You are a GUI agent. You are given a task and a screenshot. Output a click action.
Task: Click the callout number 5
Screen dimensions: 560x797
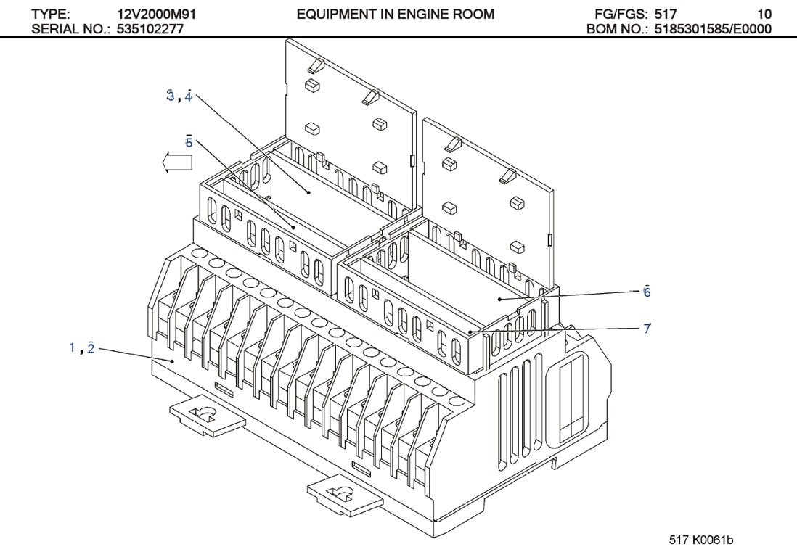pos(189,142)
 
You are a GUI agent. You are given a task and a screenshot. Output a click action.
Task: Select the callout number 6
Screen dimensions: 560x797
pos(646,292)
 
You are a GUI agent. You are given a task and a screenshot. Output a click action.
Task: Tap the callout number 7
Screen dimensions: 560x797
pos(646,328)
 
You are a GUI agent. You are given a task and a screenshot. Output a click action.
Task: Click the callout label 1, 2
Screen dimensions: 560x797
pos(82,348)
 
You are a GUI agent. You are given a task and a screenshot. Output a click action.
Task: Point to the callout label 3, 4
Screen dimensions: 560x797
pos(179,96)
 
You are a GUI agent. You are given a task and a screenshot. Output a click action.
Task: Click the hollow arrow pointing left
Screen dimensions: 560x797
pos(176,162)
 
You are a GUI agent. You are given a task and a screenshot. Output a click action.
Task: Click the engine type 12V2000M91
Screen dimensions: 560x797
pos(156,14)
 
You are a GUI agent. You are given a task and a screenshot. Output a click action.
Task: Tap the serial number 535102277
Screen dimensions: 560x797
pos(150,29)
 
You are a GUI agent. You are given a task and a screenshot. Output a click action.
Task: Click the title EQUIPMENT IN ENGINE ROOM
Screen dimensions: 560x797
pos(396,14)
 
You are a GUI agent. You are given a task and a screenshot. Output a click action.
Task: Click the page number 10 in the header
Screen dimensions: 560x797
pos(764,14)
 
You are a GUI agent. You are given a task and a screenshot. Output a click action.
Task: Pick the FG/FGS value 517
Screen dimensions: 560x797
pos(665,14)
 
